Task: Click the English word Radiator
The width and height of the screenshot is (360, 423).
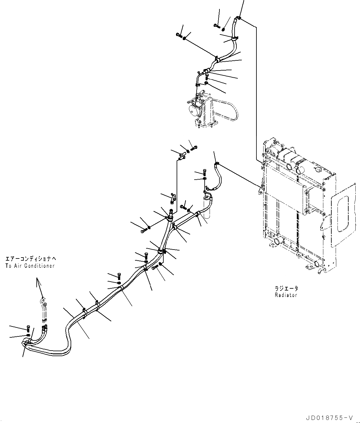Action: pos(286,295)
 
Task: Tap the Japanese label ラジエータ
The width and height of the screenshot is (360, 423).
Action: pos(286,289)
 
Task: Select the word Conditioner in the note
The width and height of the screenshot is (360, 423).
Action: pos(39,266)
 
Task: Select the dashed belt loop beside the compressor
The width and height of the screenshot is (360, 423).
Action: pos(228,109)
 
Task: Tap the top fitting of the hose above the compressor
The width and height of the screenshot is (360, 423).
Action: pos(238,18)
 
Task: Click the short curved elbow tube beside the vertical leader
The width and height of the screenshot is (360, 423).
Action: pos(172,198)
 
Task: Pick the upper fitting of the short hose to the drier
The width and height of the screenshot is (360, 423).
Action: pos(216,164)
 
